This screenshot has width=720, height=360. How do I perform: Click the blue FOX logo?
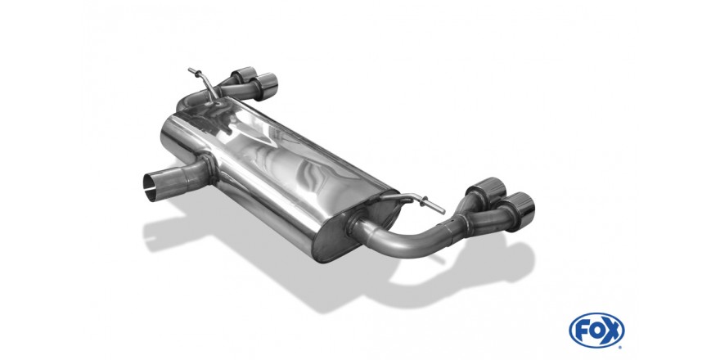pyautogui.click(x=596, y=331)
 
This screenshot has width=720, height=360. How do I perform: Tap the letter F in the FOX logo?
pyautogui.click(x=582, y=331)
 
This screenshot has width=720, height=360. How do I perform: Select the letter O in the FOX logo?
pyautogui.click(x=596, y=331)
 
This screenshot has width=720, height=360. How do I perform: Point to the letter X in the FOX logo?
pyautogui.click(x=611, y=331)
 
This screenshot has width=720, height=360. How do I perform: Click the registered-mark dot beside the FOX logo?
pyautogui.click(x=621, y=346)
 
